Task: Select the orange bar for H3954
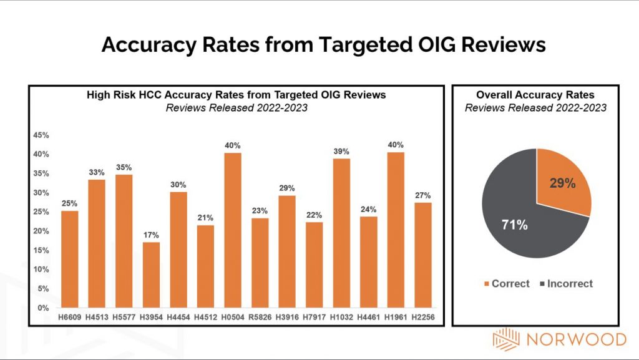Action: (x=150, y=275)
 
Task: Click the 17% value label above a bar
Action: (x=150, y=235)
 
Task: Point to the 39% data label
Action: (x=341, y=152)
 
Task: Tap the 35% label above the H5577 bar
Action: (x=124, y=167)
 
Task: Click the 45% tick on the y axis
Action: (x=42, y=135)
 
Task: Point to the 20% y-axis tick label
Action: (x=42, y=231)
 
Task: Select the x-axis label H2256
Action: (x=423, y=318)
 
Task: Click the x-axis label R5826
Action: (x=260, y=318)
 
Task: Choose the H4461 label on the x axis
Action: (x=369, y=318)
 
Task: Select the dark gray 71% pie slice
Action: (x=518, y=218)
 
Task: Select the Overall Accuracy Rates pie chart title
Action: (x=535, y=95)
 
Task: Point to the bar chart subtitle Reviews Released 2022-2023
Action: (x=236, y=107)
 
